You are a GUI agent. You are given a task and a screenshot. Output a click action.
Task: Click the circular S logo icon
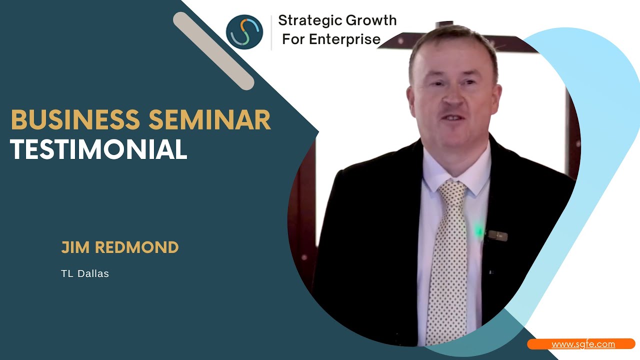(x=244, y=32)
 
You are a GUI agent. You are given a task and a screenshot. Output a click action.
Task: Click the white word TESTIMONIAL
(x=98, y=149)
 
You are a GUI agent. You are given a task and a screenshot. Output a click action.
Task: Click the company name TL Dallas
(x=85, y=273)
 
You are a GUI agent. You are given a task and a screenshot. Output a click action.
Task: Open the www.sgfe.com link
(x=583, y=344)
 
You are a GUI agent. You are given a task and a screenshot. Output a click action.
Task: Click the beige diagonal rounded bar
(x=213, y=51)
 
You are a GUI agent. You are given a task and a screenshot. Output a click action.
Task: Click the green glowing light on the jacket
(x=479, y=231)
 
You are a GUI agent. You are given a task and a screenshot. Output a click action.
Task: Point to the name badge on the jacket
(x=497, y=235)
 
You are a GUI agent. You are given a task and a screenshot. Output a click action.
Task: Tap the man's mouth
(x=453, y=118)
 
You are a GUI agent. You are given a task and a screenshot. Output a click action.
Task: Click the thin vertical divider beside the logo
(x=271, y=32)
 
